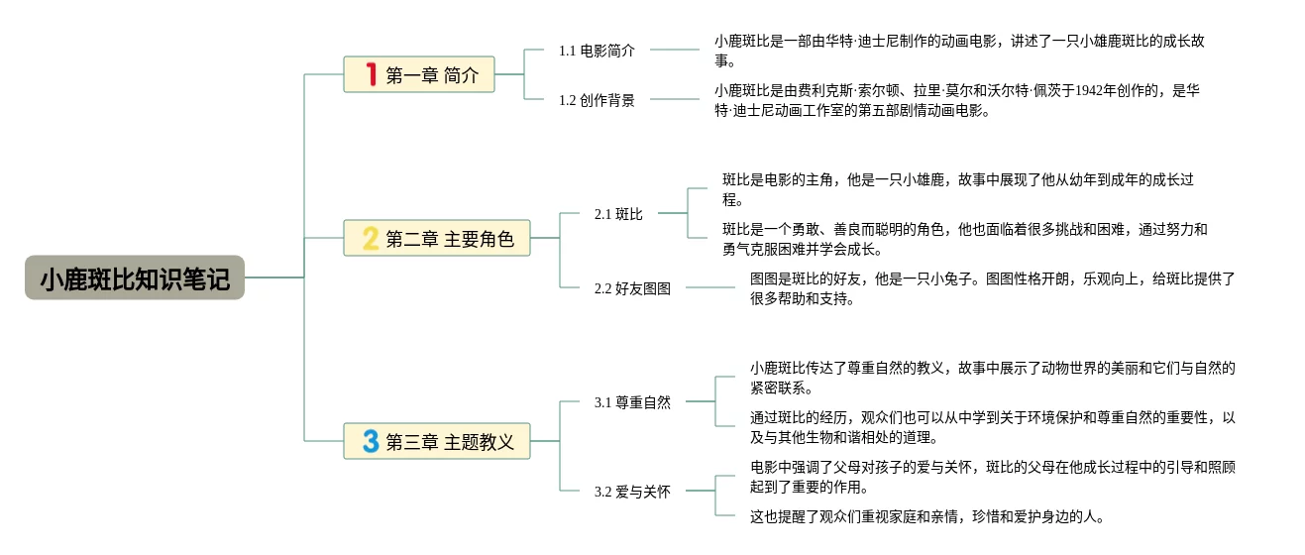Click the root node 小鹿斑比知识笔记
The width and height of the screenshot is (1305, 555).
[x=135, y=277]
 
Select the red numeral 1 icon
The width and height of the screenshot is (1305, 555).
[x=372, y=74]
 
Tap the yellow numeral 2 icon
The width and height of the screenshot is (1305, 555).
[x=371, y=239]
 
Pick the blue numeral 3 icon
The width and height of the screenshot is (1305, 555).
[x=371, y=441]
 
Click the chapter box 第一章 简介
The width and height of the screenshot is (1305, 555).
[x=419, y=74]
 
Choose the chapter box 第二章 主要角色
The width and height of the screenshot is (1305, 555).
[x=437, y=238]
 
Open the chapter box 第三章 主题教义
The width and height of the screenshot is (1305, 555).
[x=437, y=441]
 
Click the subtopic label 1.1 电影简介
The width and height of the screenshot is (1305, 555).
[x=597, y=51]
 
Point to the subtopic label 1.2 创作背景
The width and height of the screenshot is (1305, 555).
[x=597, y=100]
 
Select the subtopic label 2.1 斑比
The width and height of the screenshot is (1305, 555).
[x=618, y=214]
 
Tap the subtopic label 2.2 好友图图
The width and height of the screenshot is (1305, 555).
[x=632, y=288]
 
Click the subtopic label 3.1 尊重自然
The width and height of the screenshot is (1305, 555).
[x=632, y=402]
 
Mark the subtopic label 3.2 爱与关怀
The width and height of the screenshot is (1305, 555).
[x=632, y=492]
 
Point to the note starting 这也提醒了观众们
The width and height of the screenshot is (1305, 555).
[x=926, y=516]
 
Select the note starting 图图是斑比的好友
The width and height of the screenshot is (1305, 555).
[x=992, y=288]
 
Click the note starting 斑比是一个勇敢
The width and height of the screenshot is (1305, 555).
[x=965, y=239]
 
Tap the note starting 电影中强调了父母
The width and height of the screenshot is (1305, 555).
[x=992, y=477]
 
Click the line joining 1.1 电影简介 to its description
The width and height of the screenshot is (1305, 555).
[x=674, y=50]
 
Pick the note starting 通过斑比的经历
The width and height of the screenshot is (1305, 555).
[x=992, y=427]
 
